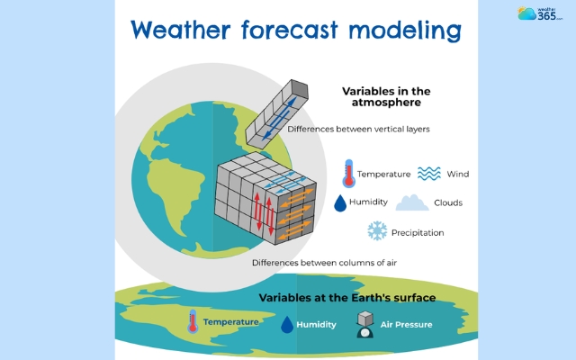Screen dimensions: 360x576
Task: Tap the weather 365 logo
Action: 539,13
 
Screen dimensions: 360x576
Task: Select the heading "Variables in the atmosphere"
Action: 387,98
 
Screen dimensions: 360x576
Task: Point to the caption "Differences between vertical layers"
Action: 358,129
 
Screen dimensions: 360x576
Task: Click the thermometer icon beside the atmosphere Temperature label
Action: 346,173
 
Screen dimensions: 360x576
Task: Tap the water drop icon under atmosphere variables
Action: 341,203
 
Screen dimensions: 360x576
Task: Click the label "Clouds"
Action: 447,202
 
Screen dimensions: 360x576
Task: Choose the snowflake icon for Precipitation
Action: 376,232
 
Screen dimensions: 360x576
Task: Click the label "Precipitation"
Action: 418,233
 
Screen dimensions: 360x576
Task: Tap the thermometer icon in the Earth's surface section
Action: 191,322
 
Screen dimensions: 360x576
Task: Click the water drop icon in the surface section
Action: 285,323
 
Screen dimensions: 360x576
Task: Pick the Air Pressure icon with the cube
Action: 365,324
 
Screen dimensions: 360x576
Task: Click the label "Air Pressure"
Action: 408,324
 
